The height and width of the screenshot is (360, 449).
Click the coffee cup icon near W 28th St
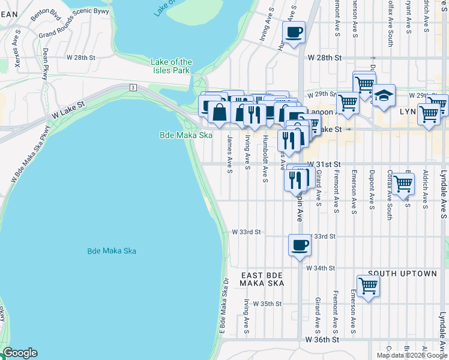[294, 32]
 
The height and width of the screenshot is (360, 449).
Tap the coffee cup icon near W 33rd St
[300, 245]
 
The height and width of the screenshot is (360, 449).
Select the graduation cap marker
[383, 95]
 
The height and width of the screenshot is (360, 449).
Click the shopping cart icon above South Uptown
[367, 286]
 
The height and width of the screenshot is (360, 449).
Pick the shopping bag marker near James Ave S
[220, 112]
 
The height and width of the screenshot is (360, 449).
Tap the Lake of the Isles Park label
[172, 66]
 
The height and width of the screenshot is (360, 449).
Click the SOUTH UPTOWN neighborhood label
[402, 274]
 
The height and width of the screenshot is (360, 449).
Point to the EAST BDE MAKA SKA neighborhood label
[262, 278]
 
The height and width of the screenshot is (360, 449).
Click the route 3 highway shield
[132, 88]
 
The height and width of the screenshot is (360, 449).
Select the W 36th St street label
[323, 340]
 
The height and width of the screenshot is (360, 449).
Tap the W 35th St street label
[267, 304]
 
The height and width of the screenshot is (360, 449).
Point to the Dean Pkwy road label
[45, 62]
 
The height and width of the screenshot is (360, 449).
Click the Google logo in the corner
[20, 353]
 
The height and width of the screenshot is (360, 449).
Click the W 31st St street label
[324, 164]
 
